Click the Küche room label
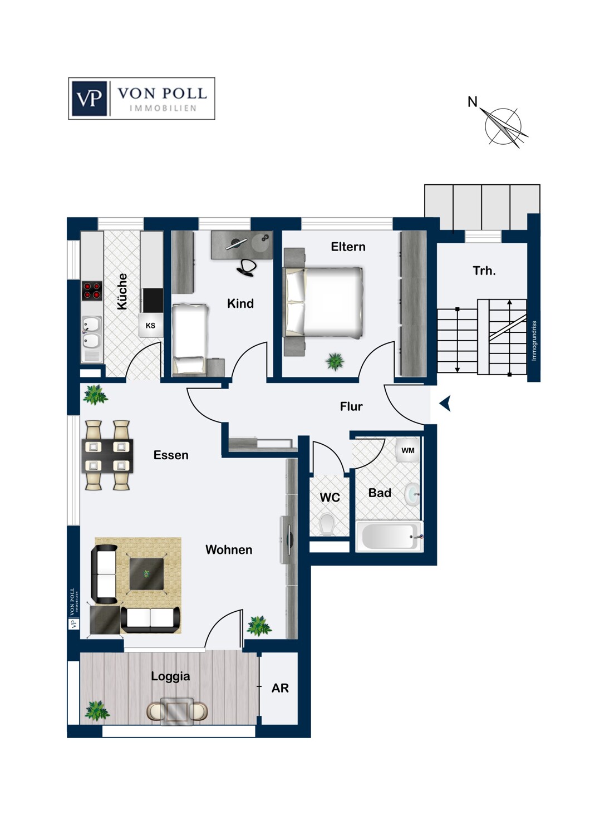tap(122, 292)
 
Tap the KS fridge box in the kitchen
tap(150, 326)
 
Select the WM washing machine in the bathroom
tap(407, 450)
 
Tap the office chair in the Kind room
tap(247, 267)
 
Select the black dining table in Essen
tap(107, 455)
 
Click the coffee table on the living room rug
tap(147, 574)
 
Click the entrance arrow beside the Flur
tap(445, 404)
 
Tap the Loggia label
tap(170, 676)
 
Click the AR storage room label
tap(280, 688)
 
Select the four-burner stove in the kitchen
tap(92, 290)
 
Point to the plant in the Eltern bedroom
tap(335, 361)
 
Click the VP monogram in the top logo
tap(90, 99)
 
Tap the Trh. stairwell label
tap(484, 271)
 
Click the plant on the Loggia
tap(97, 711)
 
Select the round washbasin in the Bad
tap(412, 494)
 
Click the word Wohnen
tap(229, 550)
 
